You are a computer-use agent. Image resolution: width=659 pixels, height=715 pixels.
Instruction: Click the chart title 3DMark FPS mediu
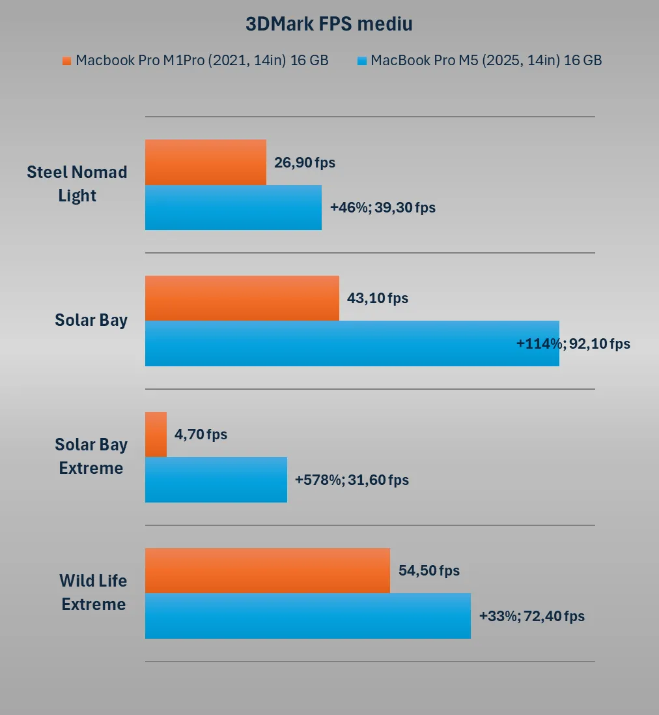click(329, 24)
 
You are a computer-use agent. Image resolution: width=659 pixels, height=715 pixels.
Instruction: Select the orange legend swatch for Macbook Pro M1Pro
click(66, 61)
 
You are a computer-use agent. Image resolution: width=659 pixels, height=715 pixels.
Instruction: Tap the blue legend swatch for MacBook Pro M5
click(362, 61)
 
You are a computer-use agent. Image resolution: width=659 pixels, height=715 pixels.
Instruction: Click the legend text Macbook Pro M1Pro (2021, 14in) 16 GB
click(202, 61)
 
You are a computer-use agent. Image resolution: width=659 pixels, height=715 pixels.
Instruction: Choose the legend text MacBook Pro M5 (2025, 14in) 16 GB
click(486, 61)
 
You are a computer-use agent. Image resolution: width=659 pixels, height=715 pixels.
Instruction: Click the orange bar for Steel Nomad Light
click(205, 162)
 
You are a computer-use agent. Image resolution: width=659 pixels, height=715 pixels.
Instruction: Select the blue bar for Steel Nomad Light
click(233, 207)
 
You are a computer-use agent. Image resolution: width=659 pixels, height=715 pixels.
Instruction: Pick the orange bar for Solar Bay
click(242, 298)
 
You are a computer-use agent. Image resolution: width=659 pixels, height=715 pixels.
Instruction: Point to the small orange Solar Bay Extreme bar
click(156, 434)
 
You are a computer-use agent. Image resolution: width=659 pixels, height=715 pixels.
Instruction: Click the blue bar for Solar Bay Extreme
click(216, 480)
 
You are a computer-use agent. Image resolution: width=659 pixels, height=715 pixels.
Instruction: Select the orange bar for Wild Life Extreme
click(267, 570)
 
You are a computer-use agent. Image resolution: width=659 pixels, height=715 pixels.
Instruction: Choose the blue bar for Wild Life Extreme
click(307, 616)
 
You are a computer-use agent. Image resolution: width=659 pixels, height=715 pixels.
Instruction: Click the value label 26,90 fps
click(305, 162)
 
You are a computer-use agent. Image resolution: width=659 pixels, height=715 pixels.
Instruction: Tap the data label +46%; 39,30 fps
click(383, 207)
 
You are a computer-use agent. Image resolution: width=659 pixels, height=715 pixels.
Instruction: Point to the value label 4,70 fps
click(201, 434)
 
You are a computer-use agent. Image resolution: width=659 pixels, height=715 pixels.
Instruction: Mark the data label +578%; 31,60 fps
click(352, 480)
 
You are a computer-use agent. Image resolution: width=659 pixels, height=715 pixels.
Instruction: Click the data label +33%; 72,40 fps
click(531, 616)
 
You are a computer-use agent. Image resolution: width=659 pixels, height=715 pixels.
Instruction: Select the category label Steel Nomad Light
click(77, 184)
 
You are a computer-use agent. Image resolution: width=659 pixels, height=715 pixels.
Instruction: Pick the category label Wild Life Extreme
click(93, 592)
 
